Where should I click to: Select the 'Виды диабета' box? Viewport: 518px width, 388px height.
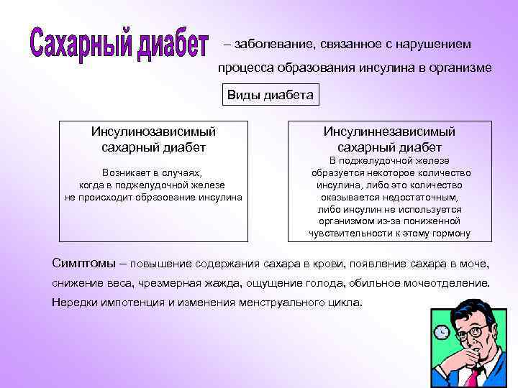[271, 96]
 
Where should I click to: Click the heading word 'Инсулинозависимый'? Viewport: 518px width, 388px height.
[153, 131]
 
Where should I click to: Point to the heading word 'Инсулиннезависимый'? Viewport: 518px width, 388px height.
[389, 131]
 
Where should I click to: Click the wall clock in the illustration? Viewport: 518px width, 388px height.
[441, 332]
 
